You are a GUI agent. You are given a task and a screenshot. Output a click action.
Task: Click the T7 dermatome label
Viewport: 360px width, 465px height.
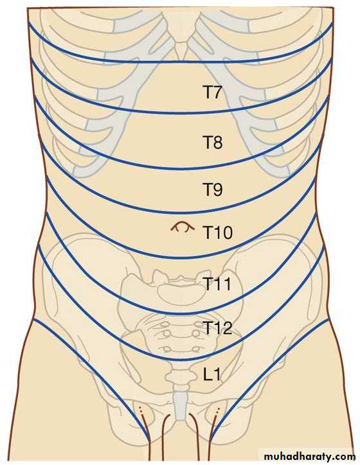212,92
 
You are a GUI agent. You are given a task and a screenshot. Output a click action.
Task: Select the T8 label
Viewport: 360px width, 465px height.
213,142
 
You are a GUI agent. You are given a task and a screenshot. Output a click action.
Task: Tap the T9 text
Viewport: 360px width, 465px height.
213,189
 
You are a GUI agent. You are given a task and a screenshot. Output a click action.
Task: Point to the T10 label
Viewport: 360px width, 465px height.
217,232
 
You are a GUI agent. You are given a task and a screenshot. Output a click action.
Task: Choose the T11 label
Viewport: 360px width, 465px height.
217,284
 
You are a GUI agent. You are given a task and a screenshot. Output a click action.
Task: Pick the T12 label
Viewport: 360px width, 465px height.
217,328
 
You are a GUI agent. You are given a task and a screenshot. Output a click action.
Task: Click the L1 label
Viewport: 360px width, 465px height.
212,374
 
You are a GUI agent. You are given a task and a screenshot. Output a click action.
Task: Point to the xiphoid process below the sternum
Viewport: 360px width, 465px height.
181,49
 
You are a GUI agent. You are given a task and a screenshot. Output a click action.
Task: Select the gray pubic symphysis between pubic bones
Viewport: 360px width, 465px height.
180,405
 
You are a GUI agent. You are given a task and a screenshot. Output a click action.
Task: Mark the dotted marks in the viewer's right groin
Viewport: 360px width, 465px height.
218,411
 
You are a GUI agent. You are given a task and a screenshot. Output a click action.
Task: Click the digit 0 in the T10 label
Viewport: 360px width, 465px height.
227,232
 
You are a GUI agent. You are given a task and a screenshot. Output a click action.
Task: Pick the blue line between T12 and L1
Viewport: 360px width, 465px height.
181,360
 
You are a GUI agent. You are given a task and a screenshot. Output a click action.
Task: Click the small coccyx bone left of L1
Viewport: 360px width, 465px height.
177,376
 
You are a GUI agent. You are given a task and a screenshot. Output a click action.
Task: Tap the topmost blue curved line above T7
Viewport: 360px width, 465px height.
181,62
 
